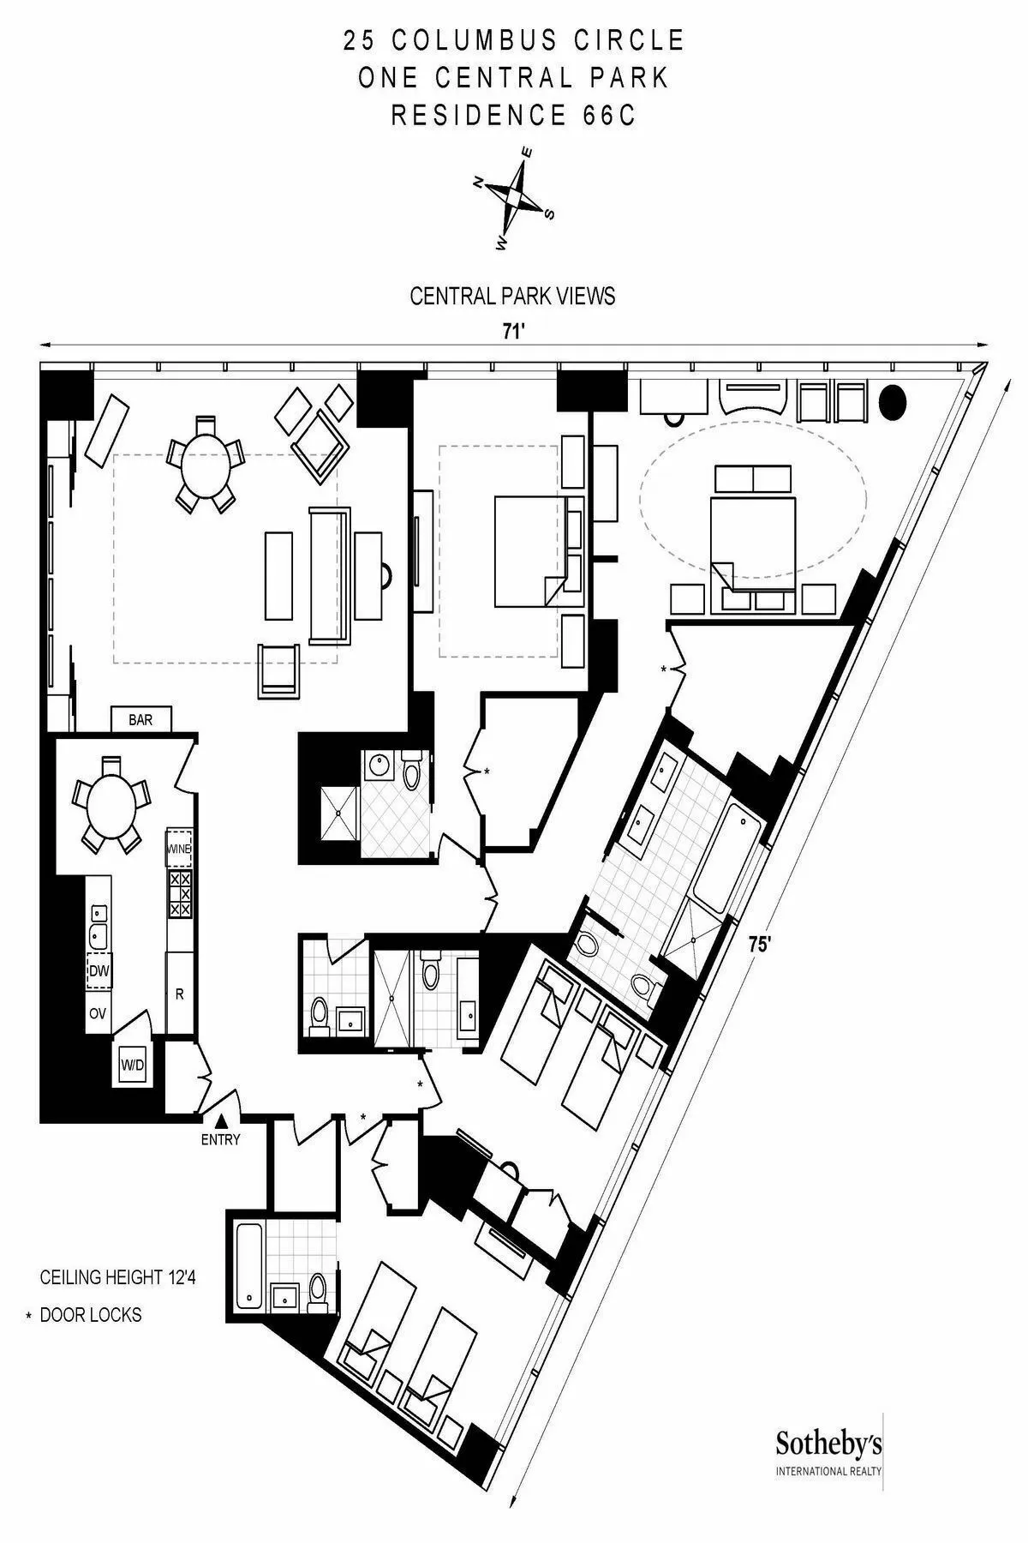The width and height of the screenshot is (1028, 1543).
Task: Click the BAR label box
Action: (141, 719)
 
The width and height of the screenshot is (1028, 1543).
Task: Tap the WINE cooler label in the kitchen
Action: (179, 848)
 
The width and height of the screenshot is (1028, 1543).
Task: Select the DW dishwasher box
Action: (99, 970)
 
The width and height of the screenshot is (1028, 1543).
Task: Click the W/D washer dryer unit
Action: (133, 1066)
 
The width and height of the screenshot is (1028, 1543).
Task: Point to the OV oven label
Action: (98, 1013)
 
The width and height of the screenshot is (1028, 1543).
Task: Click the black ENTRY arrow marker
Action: (221, 1120)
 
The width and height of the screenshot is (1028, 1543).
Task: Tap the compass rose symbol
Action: (514, 196)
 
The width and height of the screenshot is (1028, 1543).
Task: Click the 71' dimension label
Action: (513, 333)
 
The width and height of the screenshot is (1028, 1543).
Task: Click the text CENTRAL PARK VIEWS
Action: (512, 297)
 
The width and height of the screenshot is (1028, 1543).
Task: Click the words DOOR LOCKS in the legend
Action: (91, 1315)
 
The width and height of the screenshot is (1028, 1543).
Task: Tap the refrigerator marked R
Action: (180, 994)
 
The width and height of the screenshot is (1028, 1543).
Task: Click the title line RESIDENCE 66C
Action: (514, 115)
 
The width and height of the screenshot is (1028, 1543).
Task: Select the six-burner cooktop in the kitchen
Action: (180, 894)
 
